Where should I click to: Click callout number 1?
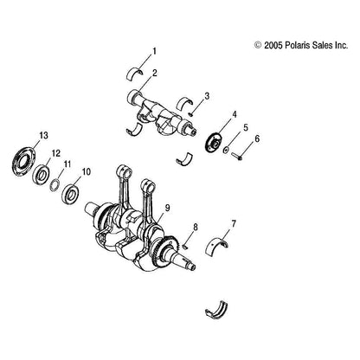[x=155, y=51]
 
